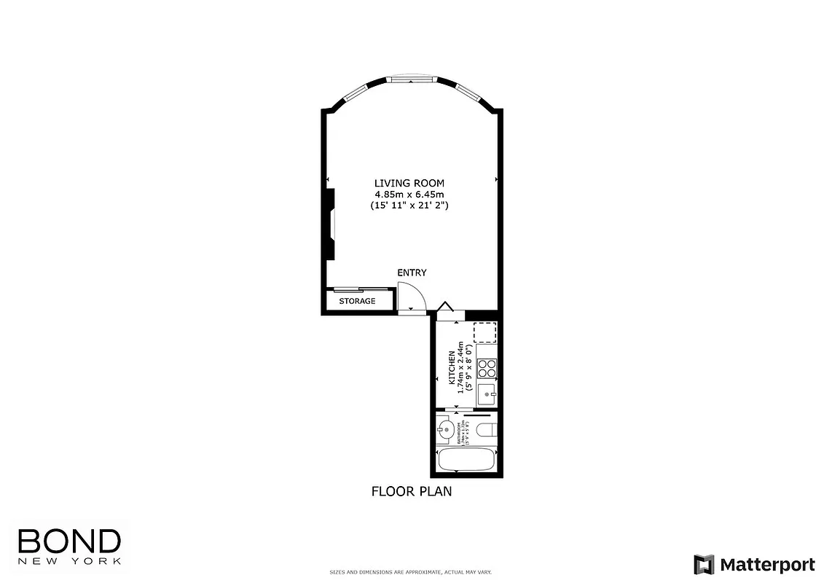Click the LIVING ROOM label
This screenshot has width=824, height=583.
pyautogui.click(x=409, y=183)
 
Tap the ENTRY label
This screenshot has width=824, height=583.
pyautogui.click(x=412, y=273)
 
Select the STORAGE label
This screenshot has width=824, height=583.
pyautogui.click(x=357, y=301)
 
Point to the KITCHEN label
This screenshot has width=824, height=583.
pyautogui.click(x=452, y=368)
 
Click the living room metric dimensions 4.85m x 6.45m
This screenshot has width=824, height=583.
pyautogui.click(x=409, y=195)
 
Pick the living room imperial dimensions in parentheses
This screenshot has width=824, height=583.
pyautogui.click(x=409, y=206)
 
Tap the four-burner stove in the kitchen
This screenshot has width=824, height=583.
pyautogui.click(x=486, y=369)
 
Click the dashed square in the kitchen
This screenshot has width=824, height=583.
pyautogui.click(x=484, y=332)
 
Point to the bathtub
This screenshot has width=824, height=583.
pyautogui.click(x=467, y=460)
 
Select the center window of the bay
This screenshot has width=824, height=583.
pyautogui.click(x=410, y=79)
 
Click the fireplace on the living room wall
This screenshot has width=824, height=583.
pyautogui.click(x=331, y=223)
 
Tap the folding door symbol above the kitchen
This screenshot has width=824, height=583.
pyautogui.click(x=446, y=307)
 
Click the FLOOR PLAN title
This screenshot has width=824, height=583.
pyautogui.click(x=412, y=491)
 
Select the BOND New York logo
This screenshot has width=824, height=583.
pyautogui.click(x=68, y=545)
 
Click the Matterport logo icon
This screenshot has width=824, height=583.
pyautogui.click(x=704, y=564)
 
